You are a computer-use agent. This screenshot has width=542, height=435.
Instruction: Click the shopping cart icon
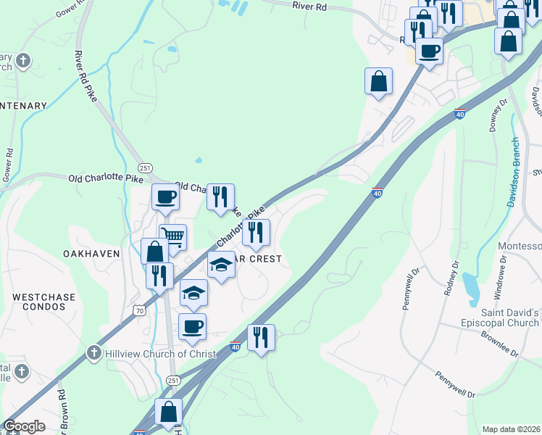173,236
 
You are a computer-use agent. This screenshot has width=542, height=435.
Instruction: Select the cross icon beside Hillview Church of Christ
93,353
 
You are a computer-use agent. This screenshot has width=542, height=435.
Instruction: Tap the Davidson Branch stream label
513,172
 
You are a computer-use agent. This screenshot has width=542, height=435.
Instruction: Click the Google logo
24,426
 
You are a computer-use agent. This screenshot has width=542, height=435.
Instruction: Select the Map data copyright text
511,429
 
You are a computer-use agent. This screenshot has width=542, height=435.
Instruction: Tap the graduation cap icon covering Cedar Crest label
222,265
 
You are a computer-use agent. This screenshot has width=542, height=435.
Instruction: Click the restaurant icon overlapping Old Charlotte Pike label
220,196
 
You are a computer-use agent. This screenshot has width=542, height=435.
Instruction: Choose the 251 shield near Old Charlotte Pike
145,167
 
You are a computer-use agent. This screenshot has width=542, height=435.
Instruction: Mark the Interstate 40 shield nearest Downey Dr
459,113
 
